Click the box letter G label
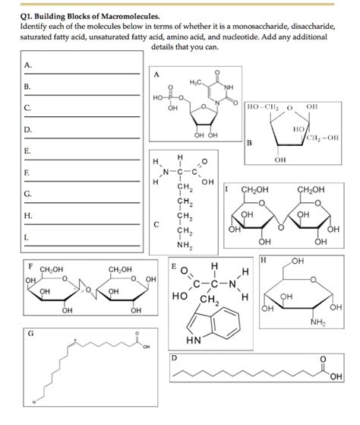point(30,333)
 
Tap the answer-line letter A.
point(27,65)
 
